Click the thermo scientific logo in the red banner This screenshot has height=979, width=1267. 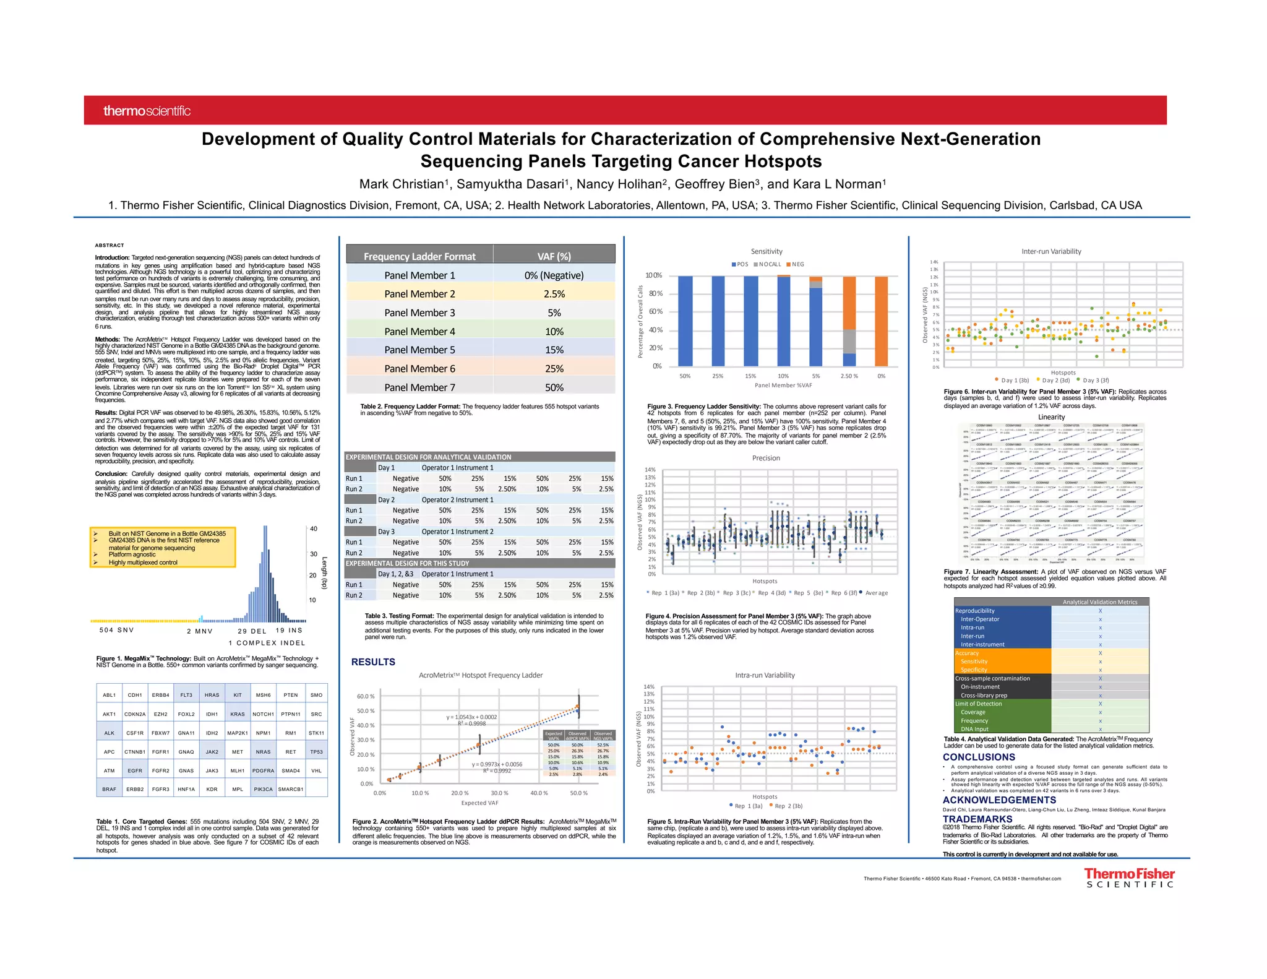coord(147,111)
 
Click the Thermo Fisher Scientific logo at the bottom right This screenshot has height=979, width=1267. coord(1128,878)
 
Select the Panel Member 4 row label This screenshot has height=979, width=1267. coord(419,331)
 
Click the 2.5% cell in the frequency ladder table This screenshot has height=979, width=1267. coord(554,294)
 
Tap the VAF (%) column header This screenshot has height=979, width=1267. coord(554,256)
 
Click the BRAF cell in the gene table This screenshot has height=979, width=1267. coord(109,789)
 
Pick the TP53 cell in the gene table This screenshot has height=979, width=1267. coord(316,752)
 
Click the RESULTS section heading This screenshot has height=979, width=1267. coord(373,662)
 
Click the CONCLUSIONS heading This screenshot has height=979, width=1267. coord(979,757)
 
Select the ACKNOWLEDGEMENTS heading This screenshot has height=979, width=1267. coord(999,800)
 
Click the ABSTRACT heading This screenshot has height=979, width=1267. coord(110,245)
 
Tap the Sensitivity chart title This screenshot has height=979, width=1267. coord(767,251)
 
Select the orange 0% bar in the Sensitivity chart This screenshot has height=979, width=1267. coord(881,321)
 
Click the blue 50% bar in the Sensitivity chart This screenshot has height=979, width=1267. coord(685,321)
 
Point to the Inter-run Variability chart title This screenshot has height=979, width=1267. coord(1051,251)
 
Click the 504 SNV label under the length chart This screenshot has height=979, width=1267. coord(116,630)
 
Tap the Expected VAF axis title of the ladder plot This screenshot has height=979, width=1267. coord(479,803)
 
